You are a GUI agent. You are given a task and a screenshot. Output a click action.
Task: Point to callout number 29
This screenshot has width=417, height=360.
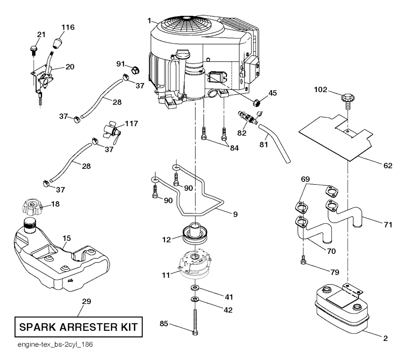[x=86, y=302]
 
